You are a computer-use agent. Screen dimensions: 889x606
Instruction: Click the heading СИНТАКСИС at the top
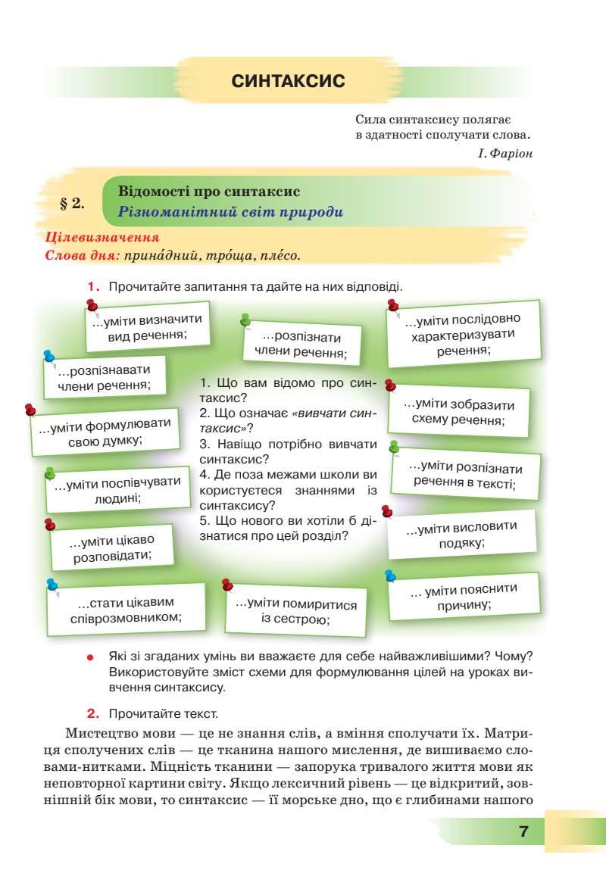coord(288,80)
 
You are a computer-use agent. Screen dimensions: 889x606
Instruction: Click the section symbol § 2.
coord(72,203)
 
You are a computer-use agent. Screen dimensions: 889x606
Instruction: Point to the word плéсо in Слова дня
coord(280,255)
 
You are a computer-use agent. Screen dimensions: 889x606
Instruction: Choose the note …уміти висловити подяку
coord(461,535)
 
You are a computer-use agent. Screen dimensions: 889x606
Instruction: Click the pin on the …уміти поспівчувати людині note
coord(50,473)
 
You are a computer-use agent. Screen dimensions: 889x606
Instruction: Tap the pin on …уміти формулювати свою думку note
coord(31,409)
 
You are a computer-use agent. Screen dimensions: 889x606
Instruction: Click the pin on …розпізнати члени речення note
coord(245,320)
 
